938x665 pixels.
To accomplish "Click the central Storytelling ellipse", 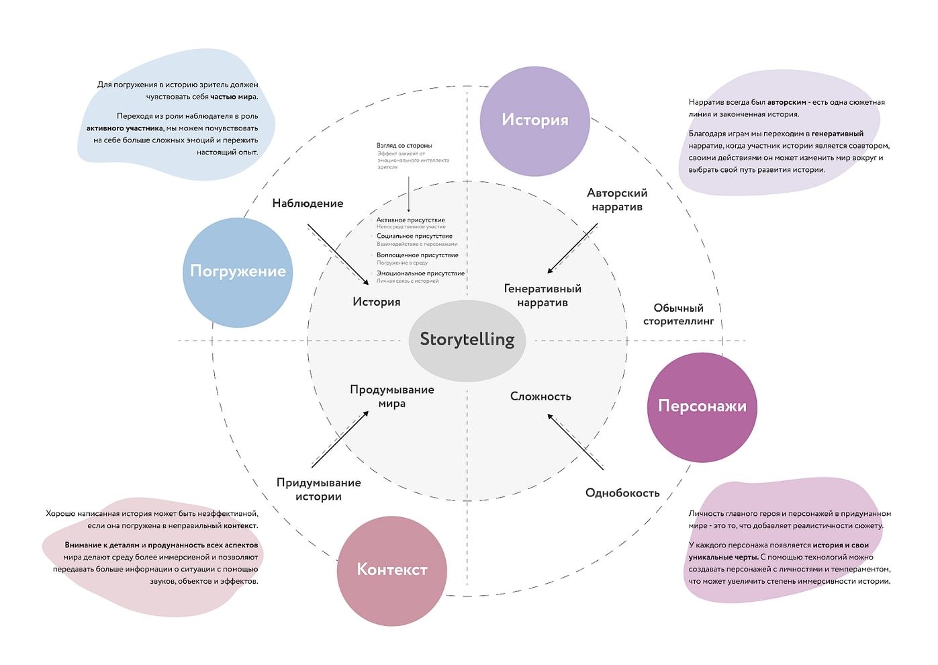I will coord(467,340).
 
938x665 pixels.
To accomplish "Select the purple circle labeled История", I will coord(534,120).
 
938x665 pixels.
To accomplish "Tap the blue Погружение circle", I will coord(238,272).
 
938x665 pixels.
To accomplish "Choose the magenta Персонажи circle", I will coord(702,406).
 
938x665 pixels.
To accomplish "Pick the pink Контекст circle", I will coord(391,570).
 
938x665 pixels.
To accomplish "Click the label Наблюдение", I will coord(308,204).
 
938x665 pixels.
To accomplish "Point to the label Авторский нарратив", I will coord(616,199).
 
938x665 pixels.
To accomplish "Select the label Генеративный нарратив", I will coord(543,296).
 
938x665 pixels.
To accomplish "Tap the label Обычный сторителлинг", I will coord(678,314).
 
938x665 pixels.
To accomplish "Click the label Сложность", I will coord(541,397).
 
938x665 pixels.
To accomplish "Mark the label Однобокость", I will coord(622,493).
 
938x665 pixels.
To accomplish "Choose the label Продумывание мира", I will coord(392,396).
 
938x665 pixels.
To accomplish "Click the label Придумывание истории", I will coord(318,490).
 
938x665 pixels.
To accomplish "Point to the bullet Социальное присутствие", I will coord(414,236).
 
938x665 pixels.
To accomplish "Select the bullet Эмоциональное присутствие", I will coord(420,273).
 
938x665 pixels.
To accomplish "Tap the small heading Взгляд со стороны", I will coord(404,146).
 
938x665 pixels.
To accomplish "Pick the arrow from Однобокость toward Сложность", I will coord(575,441).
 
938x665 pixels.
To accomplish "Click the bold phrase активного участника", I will coord(125,128).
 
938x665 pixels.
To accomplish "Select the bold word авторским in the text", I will coord(786,103).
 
